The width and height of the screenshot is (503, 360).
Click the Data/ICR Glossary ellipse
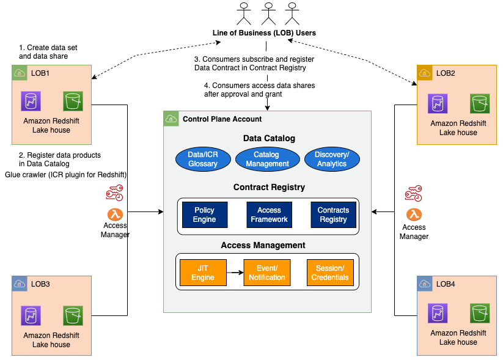202,159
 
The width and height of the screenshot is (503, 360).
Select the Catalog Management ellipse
267,159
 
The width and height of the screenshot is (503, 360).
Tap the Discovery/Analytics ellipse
332,159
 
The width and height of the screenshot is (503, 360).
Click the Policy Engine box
204,215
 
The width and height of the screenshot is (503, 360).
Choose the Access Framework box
269,215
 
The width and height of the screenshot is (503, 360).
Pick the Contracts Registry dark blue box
333,215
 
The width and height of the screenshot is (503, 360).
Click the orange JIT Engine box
202,273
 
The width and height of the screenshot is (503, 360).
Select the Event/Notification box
266,273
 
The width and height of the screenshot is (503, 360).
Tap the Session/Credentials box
330,273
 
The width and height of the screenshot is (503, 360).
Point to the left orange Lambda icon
115,214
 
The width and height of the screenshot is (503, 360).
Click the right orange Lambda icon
414,214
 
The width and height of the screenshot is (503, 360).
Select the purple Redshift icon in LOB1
30,101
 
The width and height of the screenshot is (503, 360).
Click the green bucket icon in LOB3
73,315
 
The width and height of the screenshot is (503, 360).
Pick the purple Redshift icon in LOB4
437,313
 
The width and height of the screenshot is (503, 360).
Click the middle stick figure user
267,13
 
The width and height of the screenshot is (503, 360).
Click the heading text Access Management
263,245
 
